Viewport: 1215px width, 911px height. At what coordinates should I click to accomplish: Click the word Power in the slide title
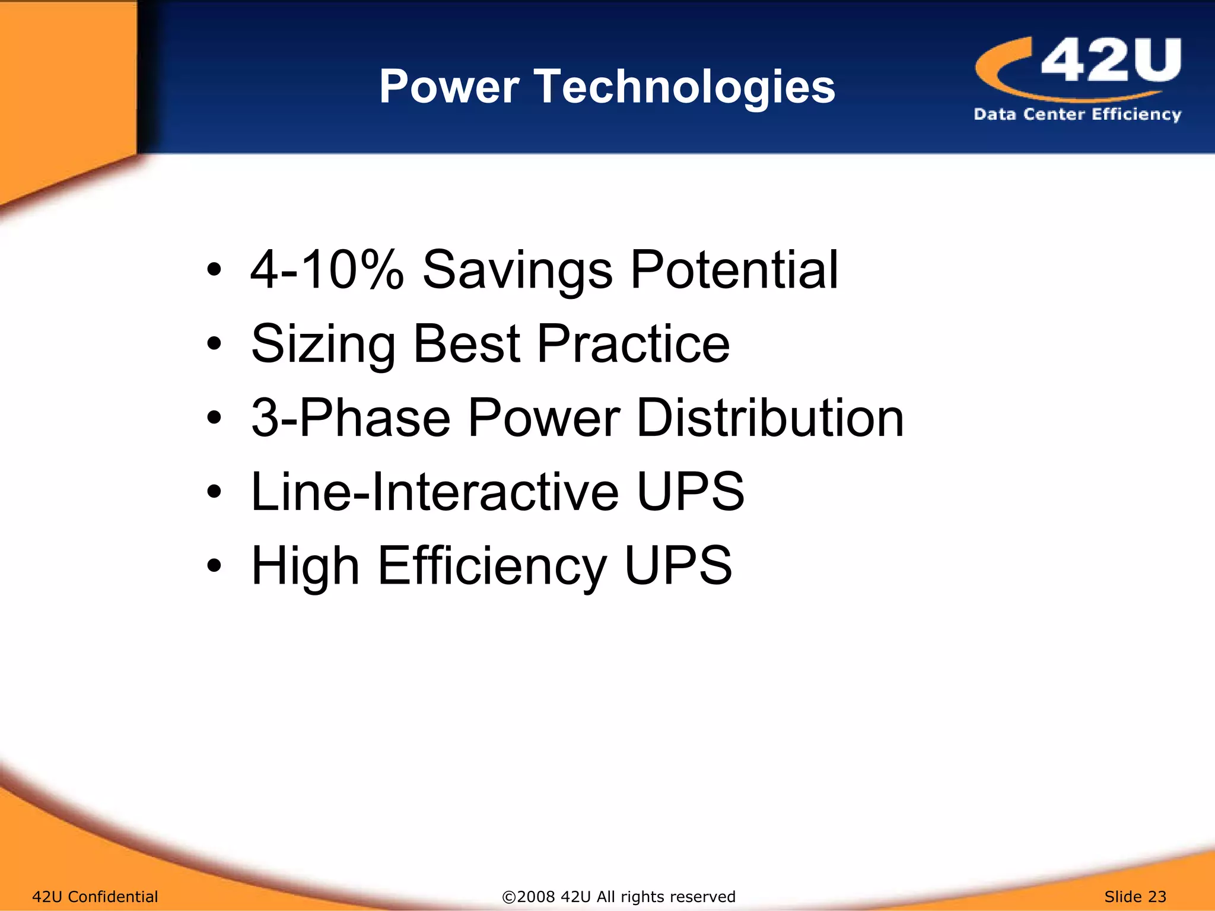pos(449,87)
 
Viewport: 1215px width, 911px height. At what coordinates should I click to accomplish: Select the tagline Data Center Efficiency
pos(1077,114)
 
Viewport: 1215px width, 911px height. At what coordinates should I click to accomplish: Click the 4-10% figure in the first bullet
pos(327,270)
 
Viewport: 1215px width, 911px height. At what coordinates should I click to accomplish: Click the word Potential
pos(734,270)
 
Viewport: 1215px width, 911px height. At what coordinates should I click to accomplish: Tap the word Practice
pos(633,343)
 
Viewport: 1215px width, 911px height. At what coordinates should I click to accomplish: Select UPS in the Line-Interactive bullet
pos(690,492)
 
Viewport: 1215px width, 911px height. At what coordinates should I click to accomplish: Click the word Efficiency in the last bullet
pos(492,566)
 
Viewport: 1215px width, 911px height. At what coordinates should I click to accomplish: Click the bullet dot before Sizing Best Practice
pos(214,344)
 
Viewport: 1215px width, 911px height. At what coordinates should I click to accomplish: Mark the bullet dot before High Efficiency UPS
pos(214,566)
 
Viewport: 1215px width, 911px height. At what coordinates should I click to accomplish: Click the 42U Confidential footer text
pos(95,897)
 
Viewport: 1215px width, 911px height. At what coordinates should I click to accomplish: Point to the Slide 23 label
pos(1135,897)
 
